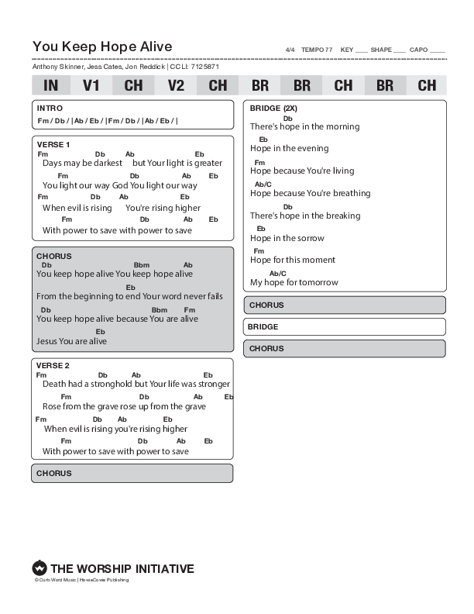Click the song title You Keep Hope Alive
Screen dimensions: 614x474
click(102, 47)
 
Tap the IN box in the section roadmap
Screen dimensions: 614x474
click(51, 85)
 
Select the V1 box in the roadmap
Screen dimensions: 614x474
click(92, 85)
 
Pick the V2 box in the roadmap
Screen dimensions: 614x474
click(176, 85)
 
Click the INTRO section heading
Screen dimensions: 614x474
click(50, 109)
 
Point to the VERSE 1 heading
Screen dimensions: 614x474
click(53, 144)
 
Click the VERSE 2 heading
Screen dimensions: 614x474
click(53, 365)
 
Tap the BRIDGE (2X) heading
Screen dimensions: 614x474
click(273, 108)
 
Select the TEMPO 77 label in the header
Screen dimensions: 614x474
click(317, 50)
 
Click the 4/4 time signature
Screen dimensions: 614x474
click(290, 50)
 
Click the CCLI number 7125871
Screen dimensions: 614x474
click(204, 67)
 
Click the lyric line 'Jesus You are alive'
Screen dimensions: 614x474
click(71, 341)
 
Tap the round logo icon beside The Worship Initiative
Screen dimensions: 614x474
click(39, 568)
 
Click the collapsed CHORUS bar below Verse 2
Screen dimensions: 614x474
click(132, 473)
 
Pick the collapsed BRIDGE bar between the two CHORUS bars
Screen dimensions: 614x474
click(345, 327)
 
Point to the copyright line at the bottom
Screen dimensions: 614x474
click(81, 580)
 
